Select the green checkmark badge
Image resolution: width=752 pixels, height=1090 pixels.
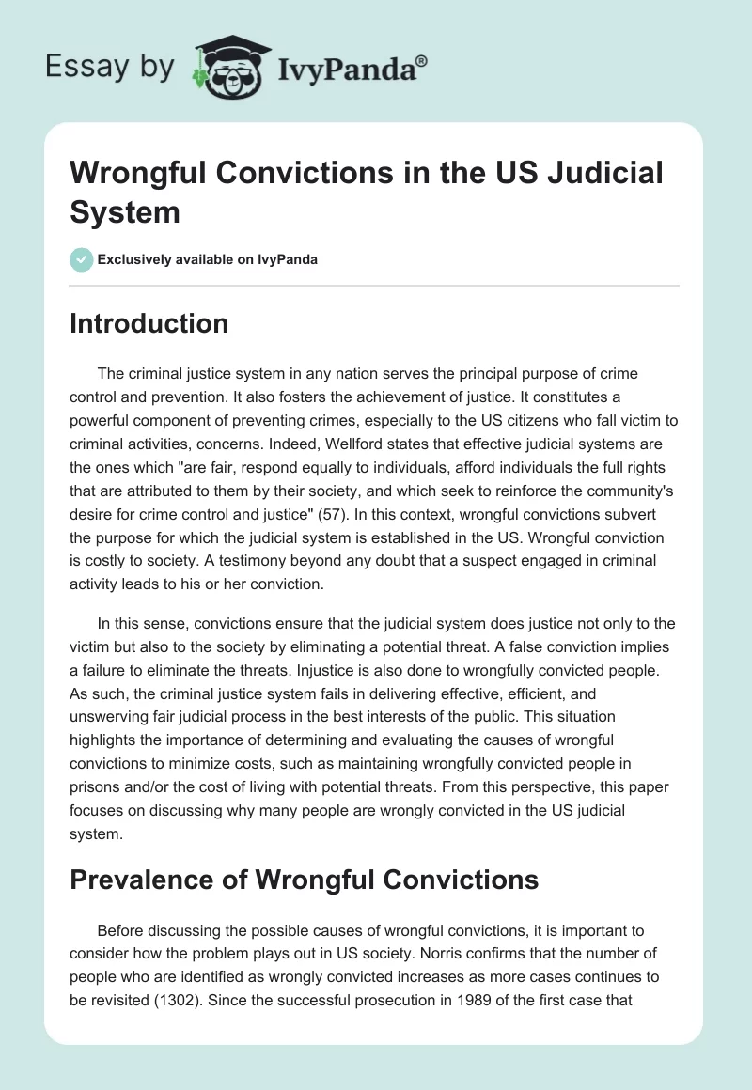click(x=82, y=259)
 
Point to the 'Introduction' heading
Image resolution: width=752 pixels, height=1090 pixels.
click(x=149, y=323)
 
